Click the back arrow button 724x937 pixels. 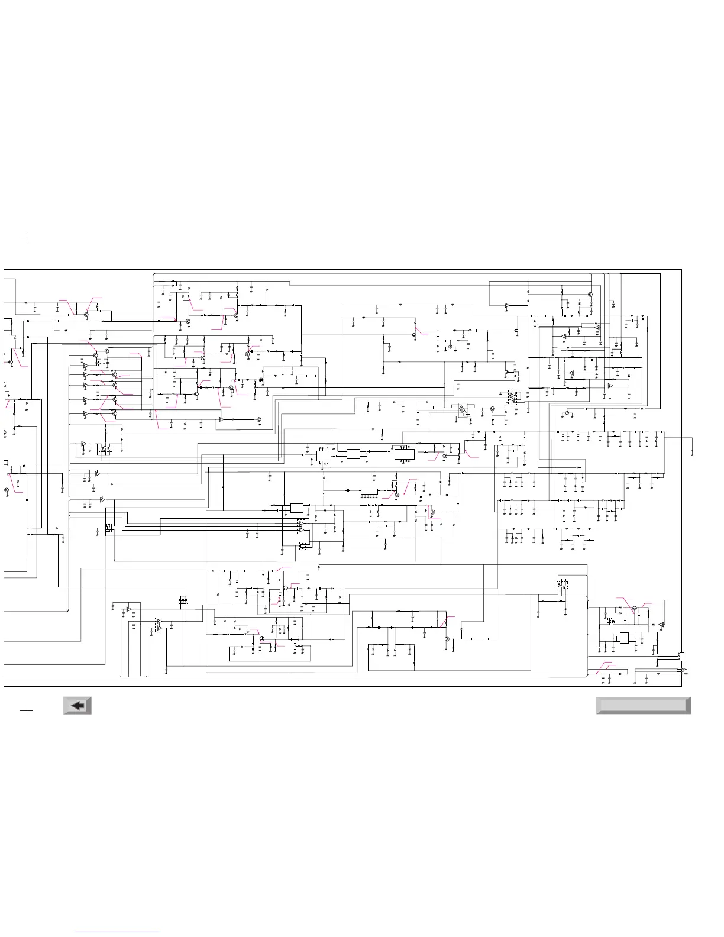(77, 705)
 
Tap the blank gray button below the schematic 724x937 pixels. (643, 705)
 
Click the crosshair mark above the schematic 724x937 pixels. (27, 238)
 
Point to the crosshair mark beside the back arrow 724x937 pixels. (27, 710)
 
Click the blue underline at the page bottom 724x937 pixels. (117, 932)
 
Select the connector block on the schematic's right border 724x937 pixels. (682, 657)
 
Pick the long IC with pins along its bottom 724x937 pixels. (369, 492)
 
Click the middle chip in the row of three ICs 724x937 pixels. (353, 454)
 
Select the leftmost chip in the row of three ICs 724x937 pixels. (324, 454)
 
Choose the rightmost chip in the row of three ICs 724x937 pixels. (404, 454)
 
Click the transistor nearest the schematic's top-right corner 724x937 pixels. (590, 294)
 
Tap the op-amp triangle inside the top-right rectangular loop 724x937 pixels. (506, 306)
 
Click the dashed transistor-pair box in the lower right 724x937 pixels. (561, 586)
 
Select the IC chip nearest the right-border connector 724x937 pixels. (624, 638)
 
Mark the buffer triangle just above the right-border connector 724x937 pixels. (661, 625)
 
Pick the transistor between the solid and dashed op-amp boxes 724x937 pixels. (492, 409)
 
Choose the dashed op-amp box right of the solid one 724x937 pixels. (513, 397)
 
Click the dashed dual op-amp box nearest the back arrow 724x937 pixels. (159, 625)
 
